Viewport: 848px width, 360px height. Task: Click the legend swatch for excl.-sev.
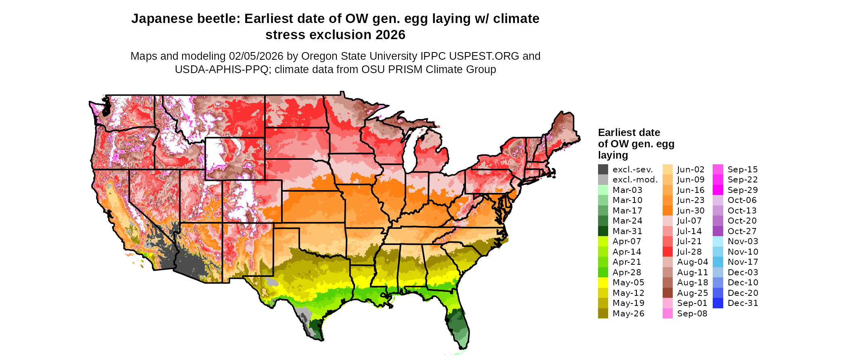603,170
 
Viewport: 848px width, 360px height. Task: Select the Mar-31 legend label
627,231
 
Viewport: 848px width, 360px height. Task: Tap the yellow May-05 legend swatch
603,283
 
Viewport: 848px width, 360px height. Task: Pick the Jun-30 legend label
691,211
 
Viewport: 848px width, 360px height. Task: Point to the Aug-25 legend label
692,293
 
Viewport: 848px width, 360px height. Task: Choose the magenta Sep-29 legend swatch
718,190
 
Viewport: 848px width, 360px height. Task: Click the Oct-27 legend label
742,231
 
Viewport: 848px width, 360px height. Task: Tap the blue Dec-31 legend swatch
718,303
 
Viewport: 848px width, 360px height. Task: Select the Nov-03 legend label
743,241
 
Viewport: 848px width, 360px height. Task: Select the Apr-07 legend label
627,241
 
